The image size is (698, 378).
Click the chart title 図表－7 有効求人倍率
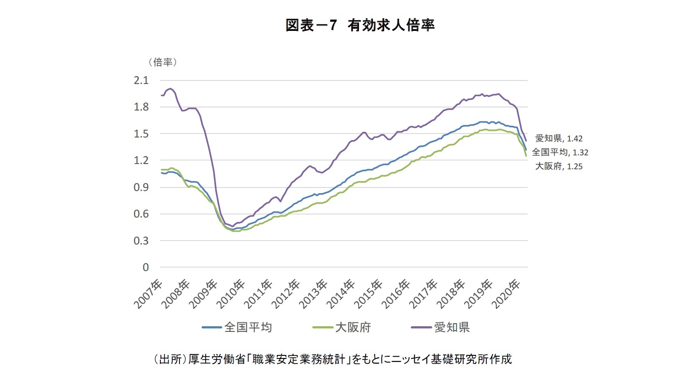tap(360, 25)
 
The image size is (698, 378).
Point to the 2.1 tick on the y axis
tap(141, 80)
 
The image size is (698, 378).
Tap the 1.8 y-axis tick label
tap(141, 107)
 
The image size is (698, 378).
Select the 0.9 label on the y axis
tap(141, 187)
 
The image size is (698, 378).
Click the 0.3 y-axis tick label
tap(141, 241)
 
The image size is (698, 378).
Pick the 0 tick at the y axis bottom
tap(146, 268)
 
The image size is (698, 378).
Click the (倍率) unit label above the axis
tap(163, 62)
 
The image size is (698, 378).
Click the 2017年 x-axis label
tap(424, 294)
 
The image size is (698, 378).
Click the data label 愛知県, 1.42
tap(558, 138)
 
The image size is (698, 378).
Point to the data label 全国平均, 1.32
tap(560, 152)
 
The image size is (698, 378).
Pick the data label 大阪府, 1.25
tap(558, 166)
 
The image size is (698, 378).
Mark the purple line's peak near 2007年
tap(171, 89)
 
